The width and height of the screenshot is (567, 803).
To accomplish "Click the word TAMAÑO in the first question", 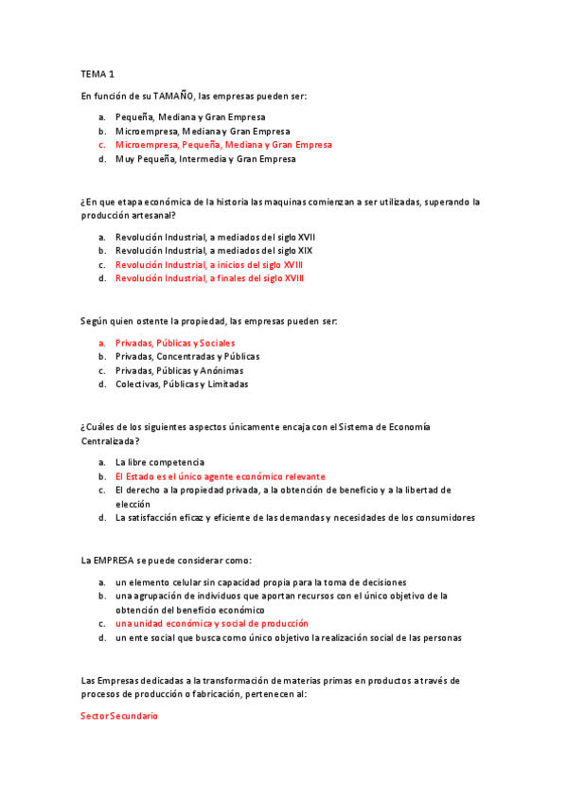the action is [173, 96].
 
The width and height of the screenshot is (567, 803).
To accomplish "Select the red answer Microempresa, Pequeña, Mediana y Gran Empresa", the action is [223, 145].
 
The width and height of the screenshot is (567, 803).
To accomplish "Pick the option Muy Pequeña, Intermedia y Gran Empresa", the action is [204, 159].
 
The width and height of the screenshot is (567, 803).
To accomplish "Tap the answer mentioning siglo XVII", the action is [215, 236].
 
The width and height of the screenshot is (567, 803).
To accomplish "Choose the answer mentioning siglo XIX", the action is [213, 250].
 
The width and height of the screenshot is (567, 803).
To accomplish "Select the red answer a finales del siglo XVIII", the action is [209, 278].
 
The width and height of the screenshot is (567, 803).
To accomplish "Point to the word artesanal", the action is [151, 215].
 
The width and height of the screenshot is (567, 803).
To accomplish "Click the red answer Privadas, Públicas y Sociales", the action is [175, 342].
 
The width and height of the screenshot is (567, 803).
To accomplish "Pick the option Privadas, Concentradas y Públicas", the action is [186, 356].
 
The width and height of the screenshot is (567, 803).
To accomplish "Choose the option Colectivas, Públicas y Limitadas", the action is [181, 384].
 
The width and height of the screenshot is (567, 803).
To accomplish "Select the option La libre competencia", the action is [159, 462].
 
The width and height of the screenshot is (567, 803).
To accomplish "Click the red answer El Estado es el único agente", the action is [220, 476].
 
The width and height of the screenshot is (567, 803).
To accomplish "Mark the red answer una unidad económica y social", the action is [211, 624].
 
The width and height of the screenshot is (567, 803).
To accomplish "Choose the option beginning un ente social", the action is [288, 638].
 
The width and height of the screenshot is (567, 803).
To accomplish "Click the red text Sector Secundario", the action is [119, 716].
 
